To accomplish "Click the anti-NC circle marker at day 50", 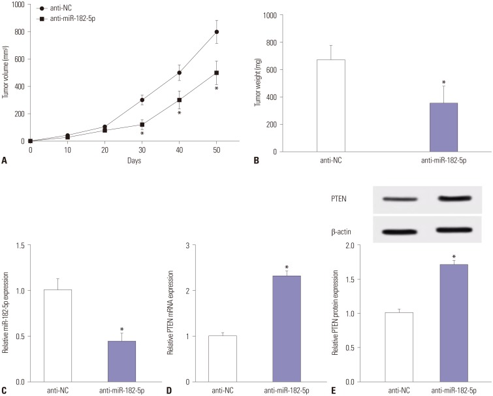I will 216,31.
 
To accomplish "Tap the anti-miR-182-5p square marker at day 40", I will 179,100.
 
